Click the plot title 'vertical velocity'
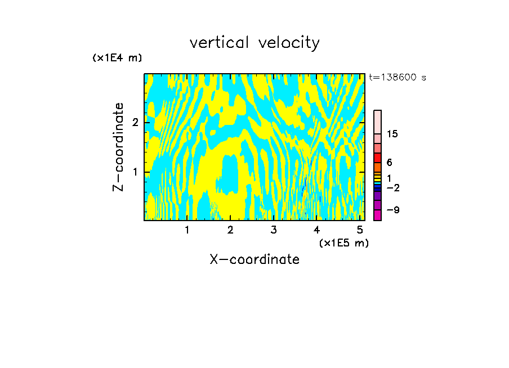[254, 43]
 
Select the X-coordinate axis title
[254, 259]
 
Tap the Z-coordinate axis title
[118, 147]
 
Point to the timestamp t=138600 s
[397, 77]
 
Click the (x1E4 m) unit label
[117, 58]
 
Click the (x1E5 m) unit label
[343, 243]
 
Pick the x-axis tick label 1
[187, 230]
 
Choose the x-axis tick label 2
[230, 230]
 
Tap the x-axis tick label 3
[274, 230]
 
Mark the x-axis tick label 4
[316, 230]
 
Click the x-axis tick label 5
[359, 230]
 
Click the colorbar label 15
[392, 134]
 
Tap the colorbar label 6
[389, 163]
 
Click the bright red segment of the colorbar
[377, 158]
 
